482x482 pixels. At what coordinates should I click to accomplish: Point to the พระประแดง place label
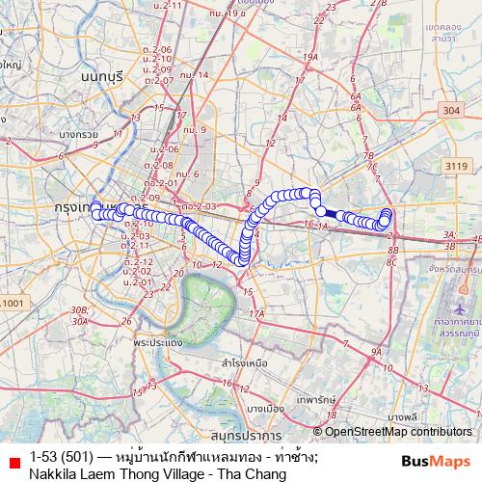coord(159,342)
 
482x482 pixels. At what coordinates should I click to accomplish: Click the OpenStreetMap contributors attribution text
coord(396,431)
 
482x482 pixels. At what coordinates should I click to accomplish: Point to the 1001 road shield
coord(14,304)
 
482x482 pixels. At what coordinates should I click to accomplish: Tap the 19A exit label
coord(310,58)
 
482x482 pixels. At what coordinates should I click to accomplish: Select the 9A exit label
coord(376,354)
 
